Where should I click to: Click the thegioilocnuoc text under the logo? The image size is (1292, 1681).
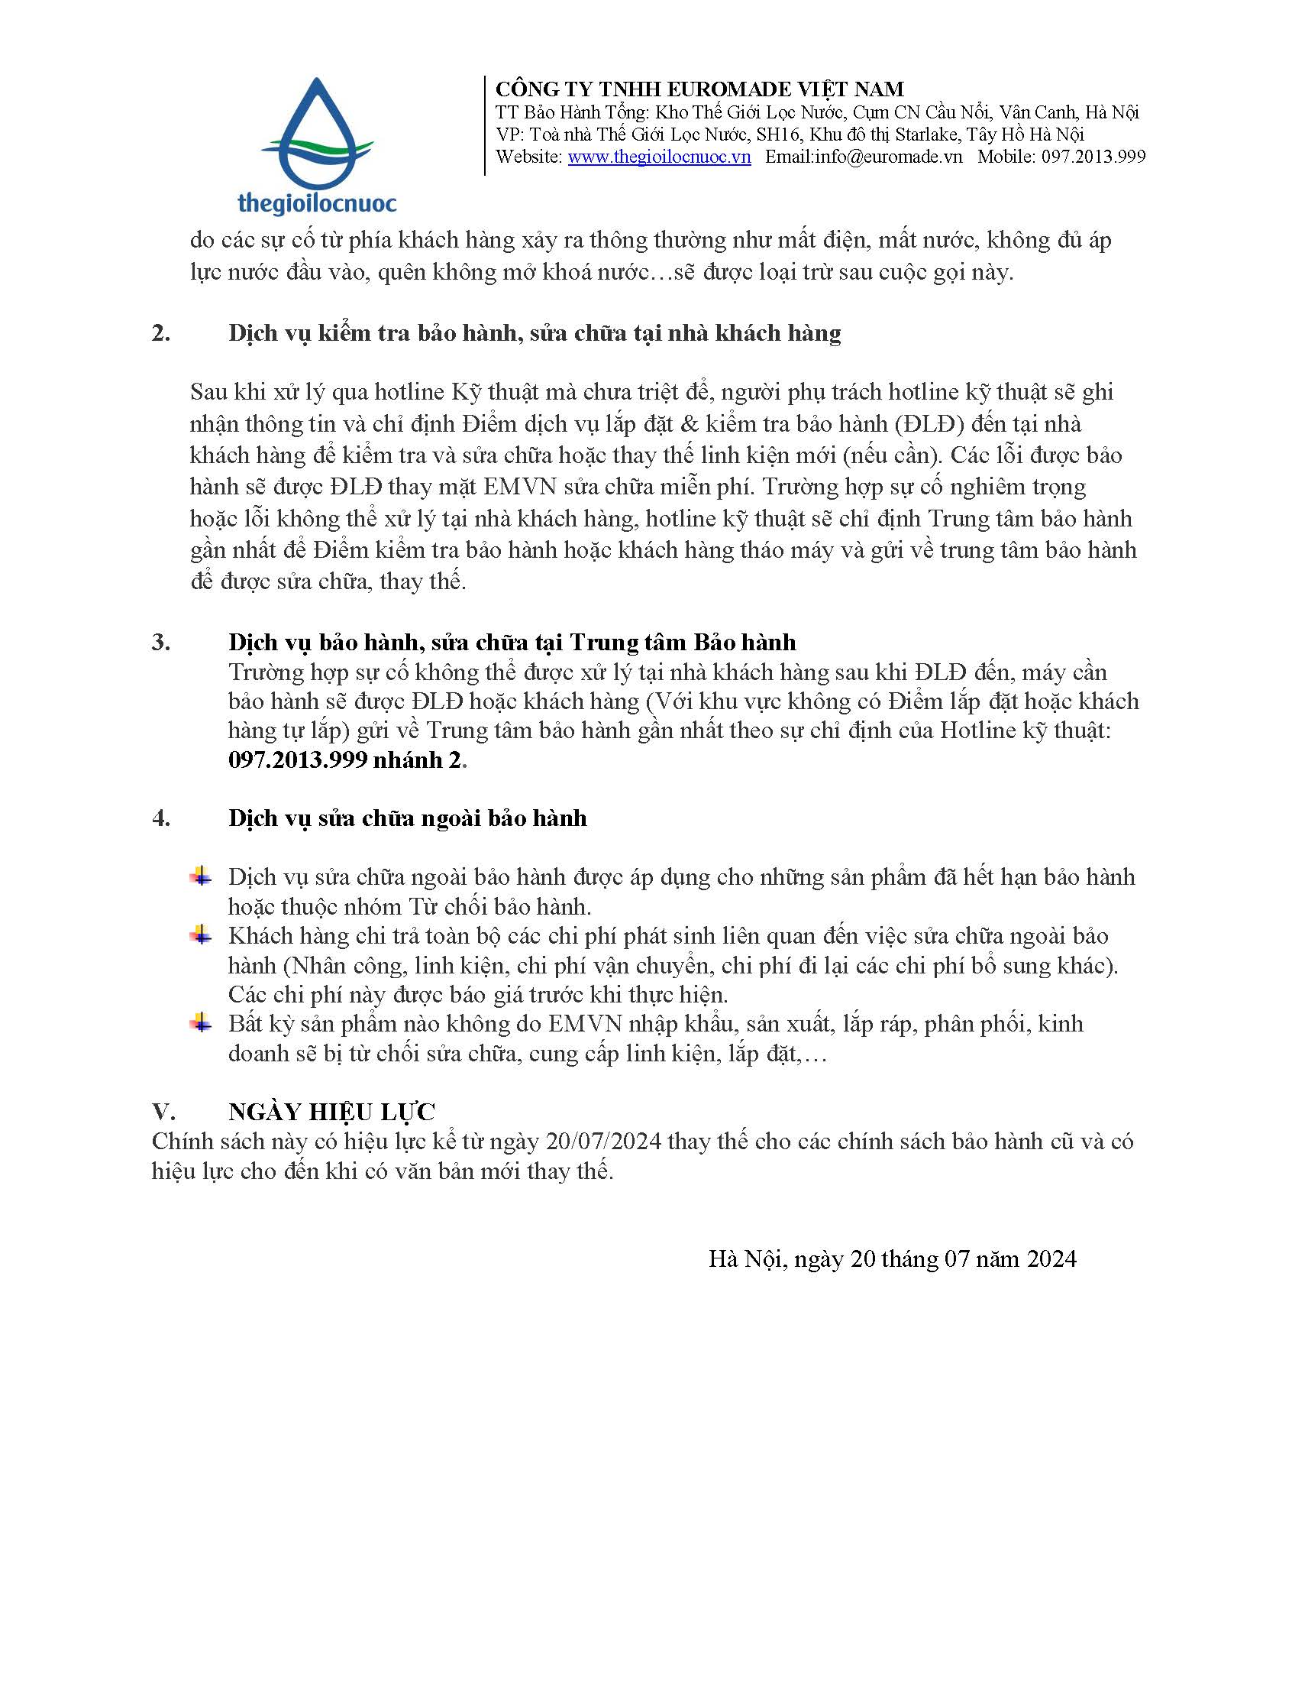pyautogui.click(x=317, y=202)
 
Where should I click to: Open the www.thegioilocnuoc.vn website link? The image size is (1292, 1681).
pyautogui.click(x=659, y=157)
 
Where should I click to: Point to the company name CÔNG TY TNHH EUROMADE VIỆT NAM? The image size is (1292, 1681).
pyautogui.click(x=699, y=89)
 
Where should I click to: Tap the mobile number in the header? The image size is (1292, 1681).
pyautogui.click(x=1093, y=157)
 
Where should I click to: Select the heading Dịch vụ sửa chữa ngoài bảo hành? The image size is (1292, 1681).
pyautogui.click(x=407, y=818)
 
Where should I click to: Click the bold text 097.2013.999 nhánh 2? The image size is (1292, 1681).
pyautogui.click(x=347, y=760)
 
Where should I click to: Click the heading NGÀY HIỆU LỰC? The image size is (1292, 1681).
pyautogui.click(x=331, y=1111)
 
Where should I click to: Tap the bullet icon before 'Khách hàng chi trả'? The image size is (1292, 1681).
pyautogui.click(x=202, y=935)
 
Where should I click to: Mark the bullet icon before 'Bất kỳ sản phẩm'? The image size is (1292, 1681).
pyautogui.click(x=202, y=1023)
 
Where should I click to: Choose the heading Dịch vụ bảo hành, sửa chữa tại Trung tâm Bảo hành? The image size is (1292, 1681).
pyautogui.click(x=512, y=643)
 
